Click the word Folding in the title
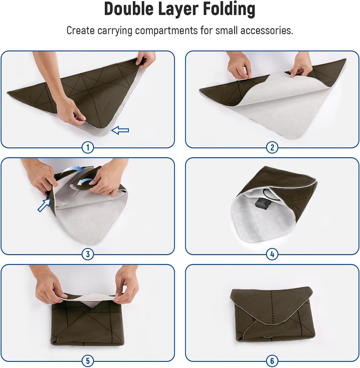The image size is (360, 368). [230, 9]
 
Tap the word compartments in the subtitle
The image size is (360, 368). [166, 31]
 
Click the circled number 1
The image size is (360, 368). [88, 147]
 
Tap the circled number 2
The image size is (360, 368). [272, 147]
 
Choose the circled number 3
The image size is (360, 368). [88, 254]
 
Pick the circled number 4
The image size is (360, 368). [272, 254]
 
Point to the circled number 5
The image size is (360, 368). [88, 360]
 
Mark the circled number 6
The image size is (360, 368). [272, 360]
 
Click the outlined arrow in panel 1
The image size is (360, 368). [120, 130]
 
